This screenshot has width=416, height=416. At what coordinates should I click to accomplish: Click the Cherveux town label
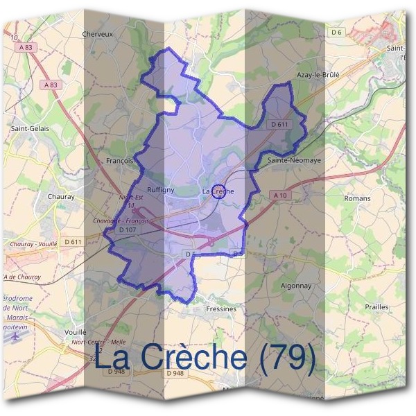(97, 33)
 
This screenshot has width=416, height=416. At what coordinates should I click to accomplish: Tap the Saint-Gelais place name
(28, 128)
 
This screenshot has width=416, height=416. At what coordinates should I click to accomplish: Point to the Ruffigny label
(160, 189)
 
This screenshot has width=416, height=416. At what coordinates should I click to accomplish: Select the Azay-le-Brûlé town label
(318, 73)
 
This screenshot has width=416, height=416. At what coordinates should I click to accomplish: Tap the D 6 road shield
(337, 33)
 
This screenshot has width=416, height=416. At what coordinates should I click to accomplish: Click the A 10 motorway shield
(280, 196)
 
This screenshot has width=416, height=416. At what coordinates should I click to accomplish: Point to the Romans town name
(357, 198)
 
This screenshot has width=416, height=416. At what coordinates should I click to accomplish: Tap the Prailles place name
(376, 306)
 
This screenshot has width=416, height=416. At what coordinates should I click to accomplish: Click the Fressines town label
(221, 309)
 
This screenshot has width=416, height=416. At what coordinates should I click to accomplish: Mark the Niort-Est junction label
(130, 197)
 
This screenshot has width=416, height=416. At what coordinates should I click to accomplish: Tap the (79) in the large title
(284, 358)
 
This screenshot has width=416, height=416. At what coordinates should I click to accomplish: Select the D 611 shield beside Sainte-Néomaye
(279, 124)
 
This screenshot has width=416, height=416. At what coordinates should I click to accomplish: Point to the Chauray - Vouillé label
(33, 244)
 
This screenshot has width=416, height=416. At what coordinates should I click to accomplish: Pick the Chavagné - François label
(121, 220)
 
